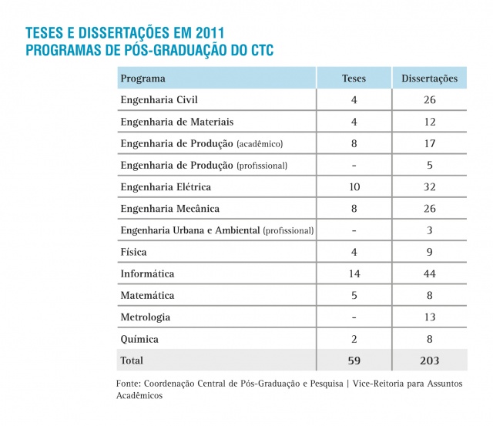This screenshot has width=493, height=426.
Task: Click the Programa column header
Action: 143,79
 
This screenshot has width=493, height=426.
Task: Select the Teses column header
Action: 354,79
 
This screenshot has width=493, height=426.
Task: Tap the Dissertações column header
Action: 430,79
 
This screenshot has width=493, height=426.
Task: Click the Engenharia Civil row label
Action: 160,100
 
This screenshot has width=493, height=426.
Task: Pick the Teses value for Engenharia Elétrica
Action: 354,187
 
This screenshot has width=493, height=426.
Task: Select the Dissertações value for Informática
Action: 430,273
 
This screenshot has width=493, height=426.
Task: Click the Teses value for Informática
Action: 354,273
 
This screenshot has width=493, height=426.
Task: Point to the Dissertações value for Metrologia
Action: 430,317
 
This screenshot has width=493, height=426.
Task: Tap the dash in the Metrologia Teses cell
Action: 354,317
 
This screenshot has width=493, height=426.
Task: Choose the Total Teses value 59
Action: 354,360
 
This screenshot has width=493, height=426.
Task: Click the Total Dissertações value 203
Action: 430,360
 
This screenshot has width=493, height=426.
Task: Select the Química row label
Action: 139,339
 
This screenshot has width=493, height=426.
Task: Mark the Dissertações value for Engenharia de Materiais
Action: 430,122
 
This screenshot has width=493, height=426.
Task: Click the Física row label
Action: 133,252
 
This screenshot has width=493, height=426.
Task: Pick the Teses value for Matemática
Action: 354,295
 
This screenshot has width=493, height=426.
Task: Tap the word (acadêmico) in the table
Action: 260,144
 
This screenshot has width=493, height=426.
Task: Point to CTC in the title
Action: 259,51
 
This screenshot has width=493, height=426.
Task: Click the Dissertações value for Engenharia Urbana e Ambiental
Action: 430,230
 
